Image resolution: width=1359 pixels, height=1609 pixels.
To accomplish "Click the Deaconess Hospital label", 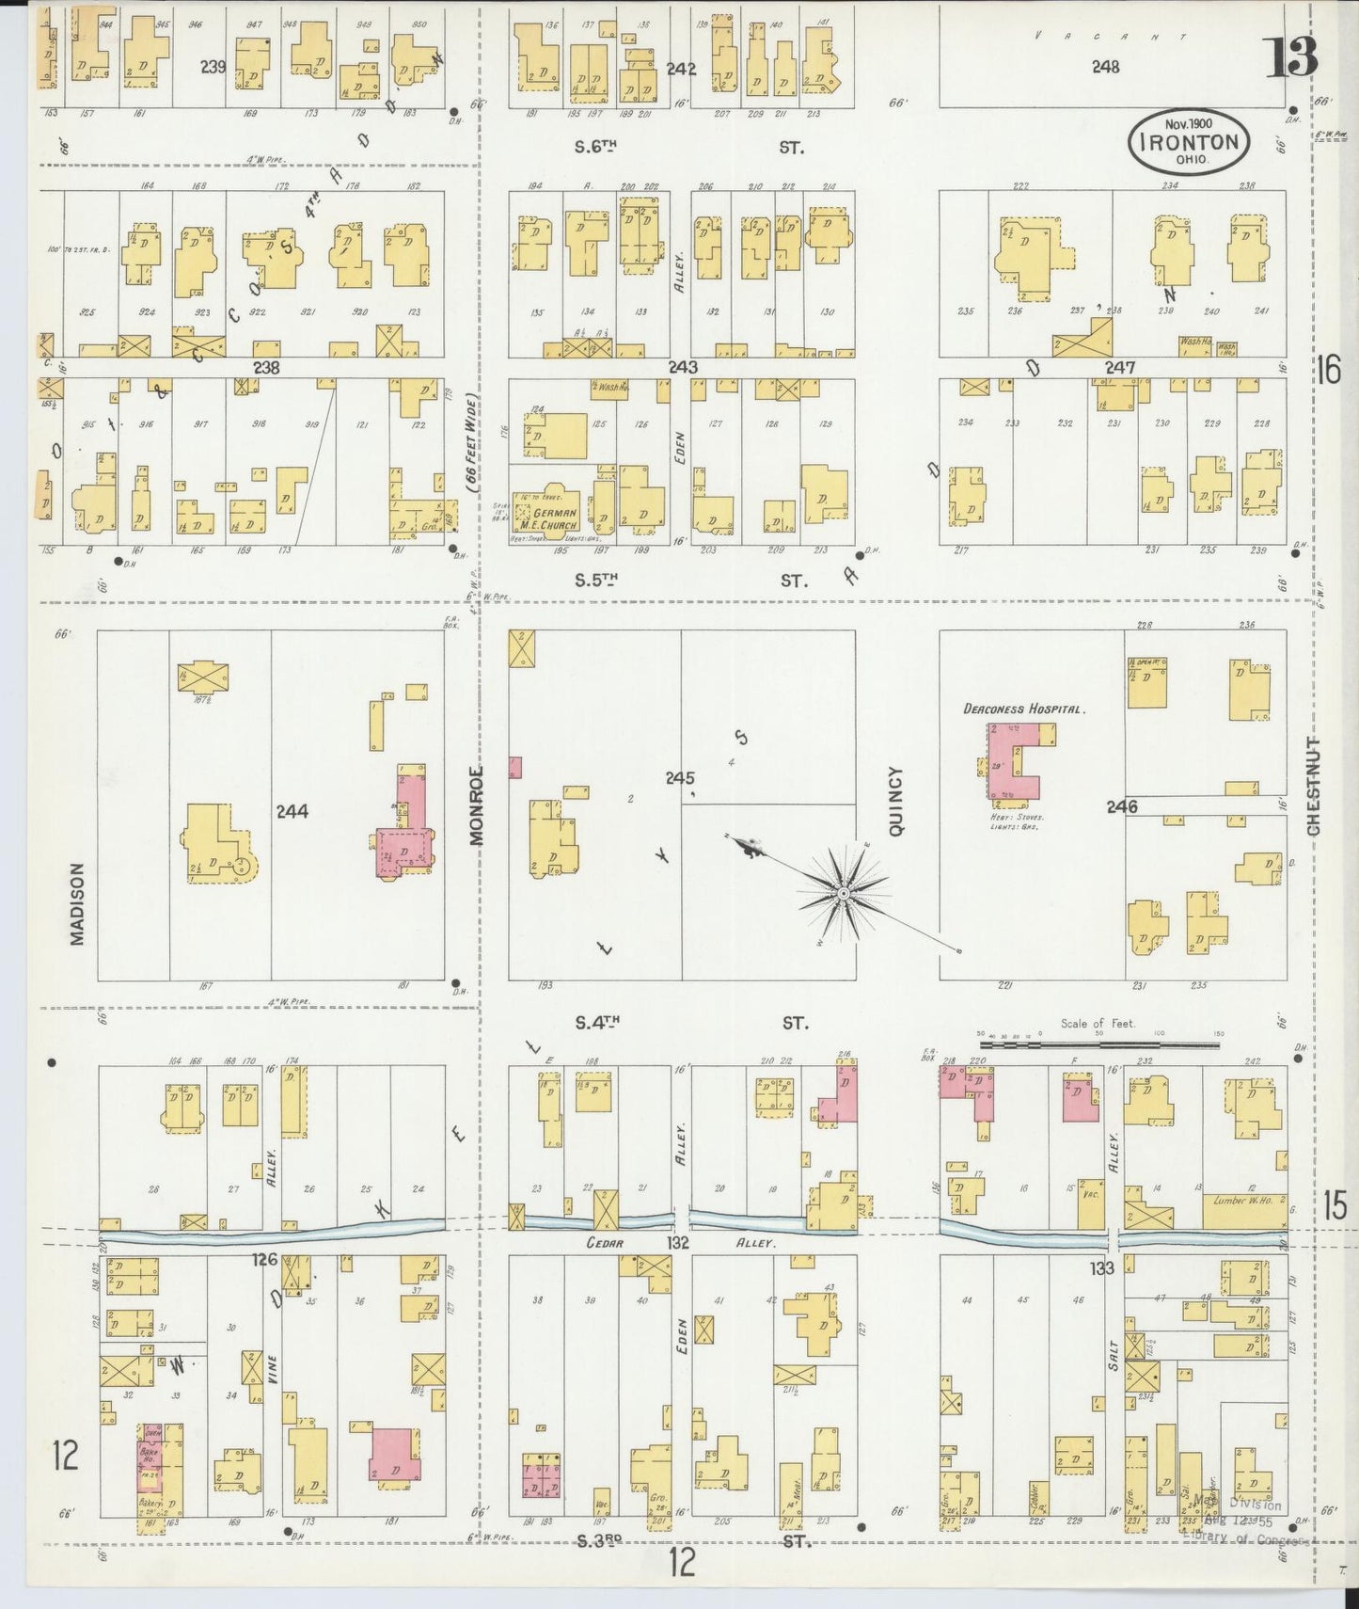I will [1024, 709].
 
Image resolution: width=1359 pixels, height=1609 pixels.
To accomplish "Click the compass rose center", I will [845, 892].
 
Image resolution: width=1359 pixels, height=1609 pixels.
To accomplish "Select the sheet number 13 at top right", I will [1294, 58].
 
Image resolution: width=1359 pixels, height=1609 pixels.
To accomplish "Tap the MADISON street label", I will [77, 904].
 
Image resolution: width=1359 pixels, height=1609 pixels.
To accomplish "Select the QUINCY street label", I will [895, 801].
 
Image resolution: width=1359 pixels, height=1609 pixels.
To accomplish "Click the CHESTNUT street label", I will [1313, 787].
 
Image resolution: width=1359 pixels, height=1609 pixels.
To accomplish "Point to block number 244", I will [292, 810].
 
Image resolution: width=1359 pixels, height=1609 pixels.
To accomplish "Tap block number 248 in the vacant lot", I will [1106, 67].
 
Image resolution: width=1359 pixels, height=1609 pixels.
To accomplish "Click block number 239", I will [213, 67].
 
